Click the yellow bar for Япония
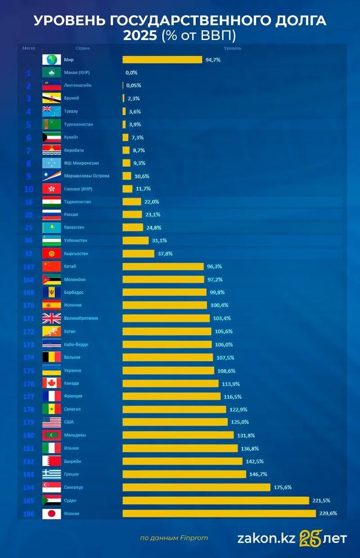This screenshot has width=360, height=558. (x=219, y=513)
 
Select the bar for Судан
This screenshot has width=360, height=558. (x=216, y=500)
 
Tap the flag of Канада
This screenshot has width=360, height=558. (x=51, y=383)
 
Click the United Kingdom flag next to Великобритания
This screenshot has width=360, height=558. (x=51, y=318)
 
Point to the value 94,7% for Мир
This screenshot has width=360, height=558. (x=213, y=60)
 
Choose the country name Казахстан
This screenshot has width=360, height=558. (x=74, y=228)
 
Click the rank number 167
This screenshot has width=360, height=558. (x=29, y=267)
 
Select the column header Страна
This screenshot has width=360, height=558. (x=82, y=48)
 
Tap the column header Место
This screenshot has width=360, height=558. (x=29, y=48)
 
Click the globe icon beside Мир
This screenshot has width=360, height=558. (x=51, y=60)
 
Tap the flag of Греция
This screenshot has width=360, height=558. (x=51, y=474)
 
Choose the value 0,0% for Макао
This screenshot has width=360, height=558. (x=131, y=72)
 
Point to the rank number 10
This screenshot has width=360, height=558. (x=29, y=189)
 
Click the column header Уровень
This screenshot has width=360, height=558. (x=232, y=48)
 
